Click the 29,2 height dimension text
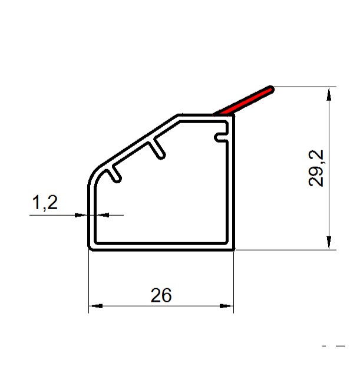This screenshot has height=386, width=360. click(x=316, y=169)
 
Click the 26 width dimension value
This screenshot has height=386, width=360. click(x=161, y=295)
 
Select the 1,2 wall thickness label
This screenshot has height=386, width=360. click(x=45, y=203)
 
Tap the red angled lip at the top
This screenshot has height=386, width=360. click(x=243, y=101)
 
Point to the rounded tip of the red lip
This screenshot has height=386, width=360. click(x=272, y=88)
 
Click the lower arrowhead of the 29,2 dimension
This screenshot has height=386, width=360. click(x=329, y=243)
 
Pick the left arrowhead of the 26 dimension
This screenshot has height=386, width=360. click(x=95, y=306)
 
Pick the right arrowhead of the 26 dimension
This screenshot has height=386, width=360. click(x=226, y=306)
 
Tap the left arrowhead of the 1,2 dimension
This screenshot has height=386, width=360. click(x=81, y=215)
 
